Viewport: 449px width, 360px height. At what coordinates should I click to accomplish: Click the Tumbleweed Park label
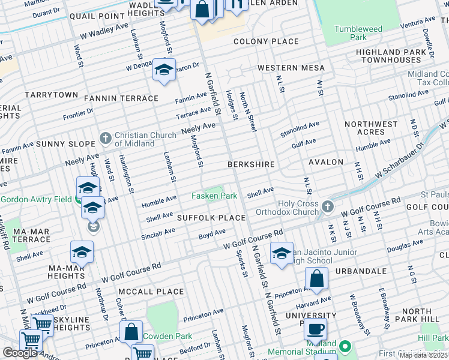coord(358,33)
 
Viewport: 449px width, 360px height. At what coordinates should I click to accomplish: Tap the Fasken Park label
coord(214,196)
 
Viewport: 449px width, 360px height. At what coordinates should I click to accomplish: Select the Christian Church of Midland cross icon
coord(106,139)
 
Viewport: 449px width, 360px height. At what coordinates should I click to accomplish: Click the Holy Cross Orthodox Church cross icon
coord(327,206)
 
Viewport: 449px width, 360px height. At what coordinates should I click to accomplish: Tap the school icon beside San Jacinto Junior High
coord(281,253)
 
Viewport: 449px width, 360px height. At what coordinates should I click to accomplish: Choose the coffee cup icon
coord(315,328)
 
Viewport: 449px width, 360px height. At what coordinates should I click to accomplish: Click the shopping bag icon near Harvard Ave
coord(316,278)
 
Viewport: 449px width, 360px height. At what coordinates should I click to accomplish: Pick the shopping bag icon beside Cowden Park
coord(131,331)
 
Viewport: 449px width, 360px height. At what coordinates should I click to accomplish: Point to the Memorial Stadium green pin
coord(345,346)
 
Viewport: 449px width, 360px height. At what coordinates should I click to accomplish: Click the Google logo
coord(20,353)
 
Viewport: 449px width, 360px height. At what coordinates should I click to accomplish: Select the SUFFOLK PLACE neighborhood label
coord(211,217)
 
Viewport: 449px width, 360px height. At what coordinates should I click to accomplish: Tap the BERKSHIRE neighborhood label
coord(251,164)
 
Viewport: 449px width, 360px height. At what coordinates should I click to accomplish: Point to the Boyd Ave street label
coord(212,233)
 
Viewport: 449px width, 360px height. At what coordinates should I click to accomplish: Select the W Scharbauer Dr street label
coord(398,158)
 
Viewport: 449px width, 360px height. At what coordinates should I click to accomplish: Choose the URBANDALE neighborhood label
coord(361,271)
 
